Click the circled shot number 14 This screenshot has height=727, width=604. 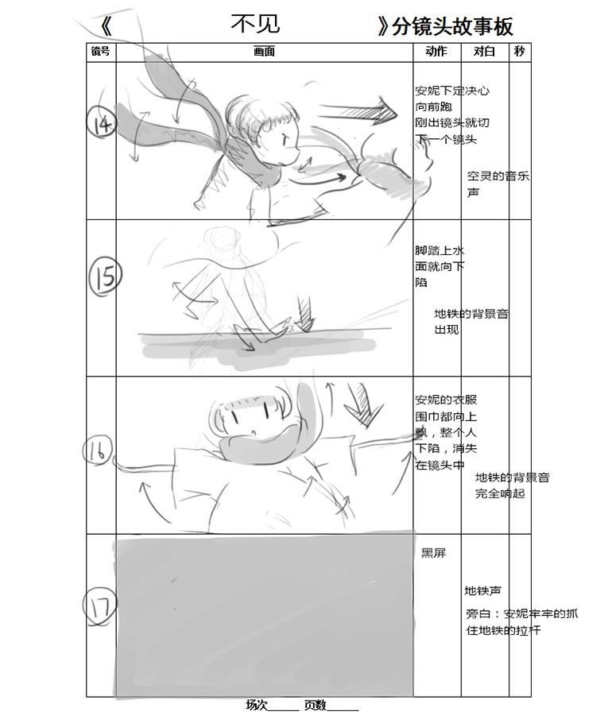point(102,122)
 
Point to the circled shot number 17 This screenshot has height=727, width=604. point(99,606)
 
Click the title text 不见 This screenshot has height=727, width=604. point(256,24)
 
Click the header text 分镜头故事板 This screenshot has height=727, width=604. point(452,27)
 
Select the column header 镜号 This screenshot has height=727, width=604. point(101,52)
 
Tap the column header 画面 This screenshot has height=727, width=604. point(264,52)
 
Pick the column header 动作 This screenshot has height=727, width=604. point(436,52)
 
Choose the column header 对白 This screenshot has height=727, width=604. point(484,52)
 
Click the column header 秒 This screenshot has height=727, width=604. point(519,52)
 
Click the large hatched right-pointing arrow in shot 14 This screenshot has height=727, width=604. point(358,110)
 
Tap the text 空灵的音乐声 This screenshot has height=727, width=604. point(498,184)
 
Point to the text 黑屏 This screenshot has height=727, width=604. point(433,553)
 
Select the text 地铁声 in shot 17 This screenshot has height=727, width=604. point(483,590)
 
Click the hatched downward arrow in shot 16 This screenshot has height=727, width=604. point(364,404)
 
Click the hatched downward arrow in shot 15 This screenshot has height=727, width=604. point(305,315)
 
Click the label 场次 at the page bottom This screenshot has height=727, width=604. point(257,706)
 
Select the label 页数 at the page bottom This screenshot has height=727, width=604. point(315,706)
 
